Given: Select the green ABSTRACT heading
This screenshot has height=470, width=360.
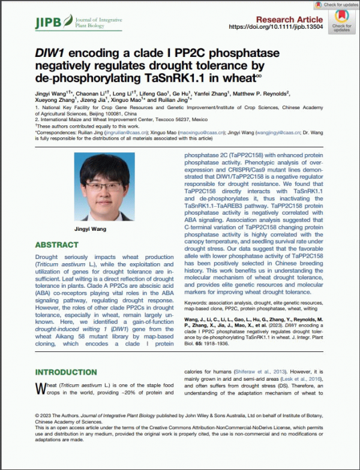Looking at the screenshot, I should pyautogui.click(x=56, y=245).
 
